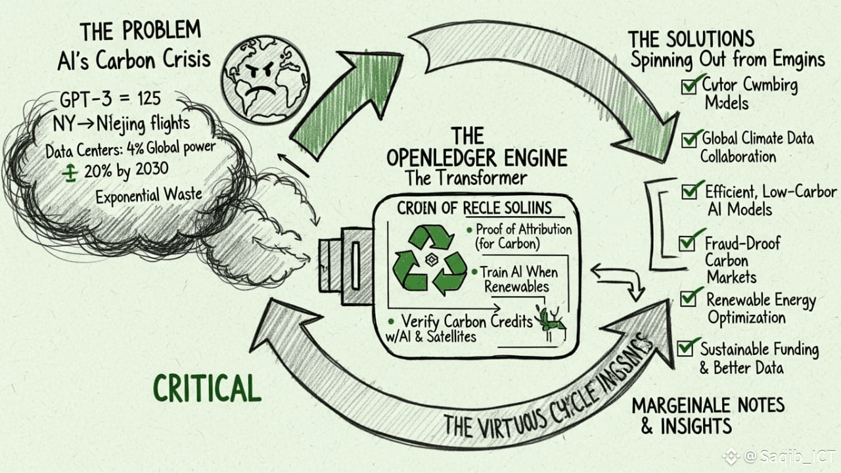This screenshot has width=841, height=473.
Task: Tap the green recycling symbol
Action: [x=430, y=259]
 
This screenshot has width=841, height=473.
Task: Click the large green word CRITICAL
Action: [x=207, y=388]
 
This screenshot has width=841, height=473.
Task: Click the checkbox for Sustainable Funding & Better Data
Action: [x=685, y=346]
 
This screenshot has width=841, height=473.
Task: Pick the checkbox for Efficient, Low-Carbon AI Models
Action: [x=689, y=191]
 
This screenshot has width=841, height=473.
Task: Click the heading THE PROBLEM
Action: [x=139, y=32]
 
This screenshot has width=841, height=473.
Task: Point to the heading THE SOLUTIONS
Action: [x=691, y=38]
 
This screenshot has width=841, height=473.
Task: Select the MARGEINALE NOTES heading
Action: [x=708, y=405]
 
